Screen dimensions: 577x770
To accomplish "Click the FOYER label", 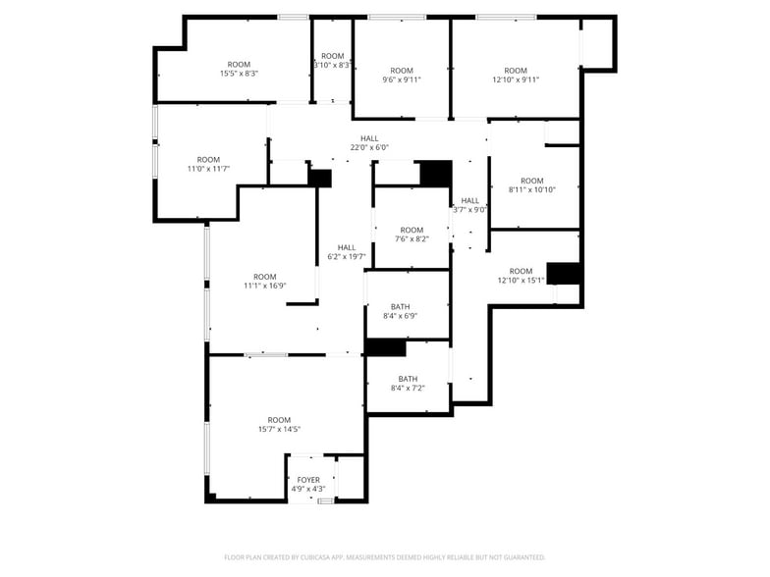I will coord(308,480).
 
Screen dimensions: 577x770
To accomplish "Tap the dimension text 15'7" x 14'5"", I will coord(279,429).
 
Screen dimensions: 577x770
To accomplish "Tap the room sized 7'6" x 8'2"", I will coord(412,235).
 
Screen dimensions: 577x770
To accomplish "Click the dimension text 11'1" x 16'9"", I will coord(265,286).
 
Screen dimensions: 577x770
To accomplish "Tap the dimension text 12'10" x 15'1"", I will coord(521,281).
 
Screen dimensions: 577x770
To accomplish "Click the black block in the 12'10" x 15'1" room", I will coord(564,273).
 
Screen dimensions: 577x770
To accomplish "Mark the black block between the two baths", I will coord(386,347).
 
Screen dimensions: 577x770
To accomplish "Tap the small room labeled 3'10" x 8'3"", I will coord(332,61).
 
